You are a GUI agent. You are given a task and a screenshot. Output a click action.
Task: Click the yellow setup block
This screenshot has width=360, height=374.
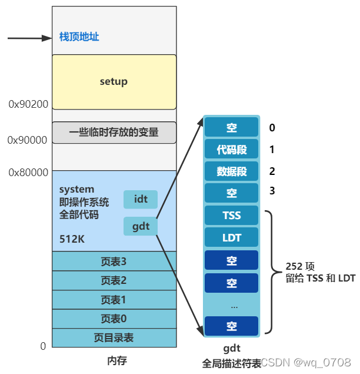[x=114, y=81]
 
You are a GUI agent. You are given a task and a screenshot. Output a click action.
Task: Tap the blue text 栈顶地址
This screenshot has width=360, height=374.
[x=79, y=37]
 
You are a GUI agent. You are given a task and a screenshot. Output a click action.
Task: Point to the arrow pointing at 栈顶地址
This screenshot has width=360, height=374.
[x=29, y=38]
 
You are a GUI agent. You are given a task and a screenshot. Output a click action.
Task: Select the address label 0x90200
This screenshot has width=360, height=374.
[x=28, y=104]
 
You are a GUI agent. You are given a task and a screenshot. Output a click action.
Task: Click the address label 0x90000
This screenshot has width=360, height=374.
[x=27, y=140]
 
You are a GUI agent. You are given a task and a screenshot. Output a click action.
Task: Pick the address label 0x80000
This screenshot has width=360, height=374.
[x=28, y=173]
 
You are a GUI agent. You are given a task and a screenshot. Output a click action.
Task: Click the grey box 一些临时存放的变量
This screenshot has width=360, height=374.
[x=114, y=133]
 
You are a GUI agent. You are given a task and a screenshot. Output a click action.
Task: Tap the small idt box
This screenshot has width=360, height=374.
[x=141, y=199]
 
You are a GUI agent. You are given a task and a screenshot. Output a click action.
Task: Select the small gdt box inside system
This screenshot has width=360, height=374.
[x=141, y=226]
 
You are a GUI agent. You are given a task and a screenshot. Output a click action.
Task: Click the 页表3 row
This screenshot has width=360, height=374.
[x=114, y=262]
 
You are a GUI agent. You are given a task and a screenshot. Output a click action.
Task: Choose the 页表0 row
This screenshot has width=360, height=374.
[x=114, y=319]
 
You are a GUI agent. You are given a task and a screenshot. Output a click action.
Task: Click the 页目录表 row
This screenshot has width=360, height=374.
[x=114, y=337]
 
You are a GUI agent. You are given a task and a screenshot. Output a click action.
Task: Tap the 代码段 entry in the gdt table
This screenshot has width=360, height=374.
[x=231, y=150]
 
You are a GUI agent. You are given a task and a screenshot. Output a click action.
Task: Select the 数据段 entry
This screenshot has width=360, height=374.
[x=231, y=171]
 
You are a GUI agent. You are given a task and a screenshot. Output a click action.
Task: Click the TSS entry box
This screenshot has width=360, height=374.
[x=231, y=215]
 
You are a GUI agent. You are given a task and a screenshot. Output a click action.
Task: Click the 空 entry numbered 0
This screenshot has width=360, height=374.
[x=231, y=128]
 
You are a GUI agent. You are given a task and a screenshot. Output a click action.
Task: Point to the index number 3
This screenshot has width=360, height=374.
[x=272, y=191]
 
